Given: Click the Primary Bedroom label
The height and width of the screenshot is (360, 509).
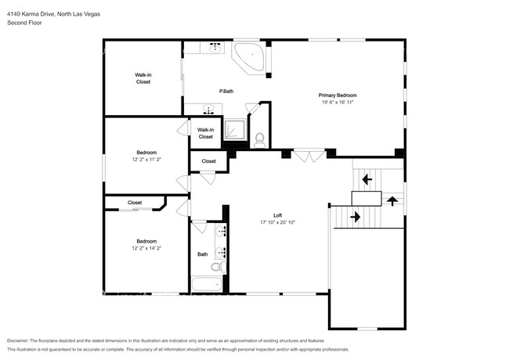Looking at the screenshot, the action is [338, 95].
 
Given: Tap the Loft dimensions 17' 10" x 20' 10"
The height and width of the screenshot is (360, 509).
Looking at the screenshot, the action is [277, 222].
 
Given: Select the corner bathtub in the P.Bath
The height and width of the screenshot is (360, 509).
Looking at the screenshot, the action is [249, 57].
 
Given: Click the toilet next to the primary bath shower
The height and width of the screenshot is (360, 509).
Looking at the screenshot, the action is [260, 140].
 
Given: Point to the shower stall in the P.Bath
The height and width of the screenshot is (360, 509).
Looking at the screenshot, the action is [235, 130].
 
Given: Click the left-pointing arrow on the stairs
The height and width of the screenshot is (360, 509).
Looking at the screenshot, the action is [367, 179].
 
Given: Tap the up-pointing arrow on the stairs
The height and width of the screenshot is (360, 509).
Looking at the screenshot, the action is [392, 201].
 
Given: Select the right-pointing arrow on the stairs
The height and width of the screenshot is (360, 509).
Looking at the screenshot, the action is [356, 217].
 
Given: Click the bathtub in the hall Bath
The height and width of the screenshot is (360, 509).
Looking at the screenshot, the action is [207, 284].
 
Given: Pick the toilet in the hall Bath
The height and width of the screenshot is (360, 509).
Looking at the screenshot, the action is [218, 267].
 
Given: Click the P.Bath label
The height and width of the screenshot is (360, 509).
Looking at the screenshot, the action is [226, 92].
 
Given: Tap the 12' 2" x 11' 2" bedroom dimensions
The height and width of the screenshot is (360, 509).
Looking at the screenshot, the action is [146, 160].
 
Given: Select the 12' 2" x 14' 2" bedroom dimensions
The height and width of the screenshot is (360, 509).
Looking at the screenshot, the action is [146, 248].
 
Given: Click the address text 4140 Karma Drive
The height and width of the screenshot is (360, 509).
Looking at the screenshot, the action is [31, 14].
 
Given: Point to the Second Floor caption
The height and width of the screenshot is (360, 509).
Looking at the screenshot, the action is [24, 23].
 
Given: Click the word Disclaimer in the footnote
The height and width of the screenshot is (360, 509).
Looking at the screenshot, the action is [18, 341].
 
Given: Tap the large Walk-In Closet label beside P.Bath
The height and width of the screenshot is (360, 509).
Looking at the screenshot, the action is [143, 78].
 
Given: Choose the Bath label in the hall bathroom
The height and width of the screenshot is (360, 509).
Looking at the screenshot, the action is [203, 254].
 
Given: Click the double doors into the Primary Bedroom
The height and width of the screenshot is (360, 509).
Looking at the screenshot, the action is [309, 156].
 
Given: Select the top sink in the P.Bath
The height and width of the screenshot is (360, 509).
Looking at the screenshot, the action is [215, 48].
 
